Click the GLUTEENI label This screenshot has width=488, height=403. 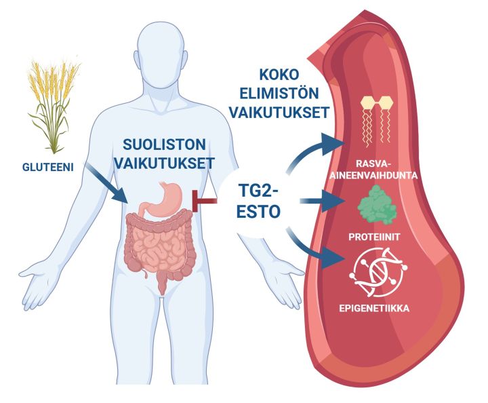click(x=47, y=168)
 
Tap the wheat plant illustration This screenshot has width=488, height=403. click(x=54, y=104)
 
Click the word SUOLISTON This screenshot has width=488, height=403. click(x=164, y=145)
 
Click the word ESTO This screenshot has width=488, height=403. click(x=258, y=212)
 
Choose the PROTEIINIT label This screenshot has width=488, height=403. click(x=374, y=237)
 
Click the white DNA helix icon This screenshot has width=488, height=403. click(x=378, y=273)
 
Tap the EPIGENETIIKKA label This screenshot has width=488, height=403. click(x=374, y=309)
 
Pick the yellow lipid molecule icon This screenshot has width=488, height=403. click(x=377, y=121)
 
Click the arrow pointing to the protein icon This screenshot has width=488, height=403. click(x=323, y=201)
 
